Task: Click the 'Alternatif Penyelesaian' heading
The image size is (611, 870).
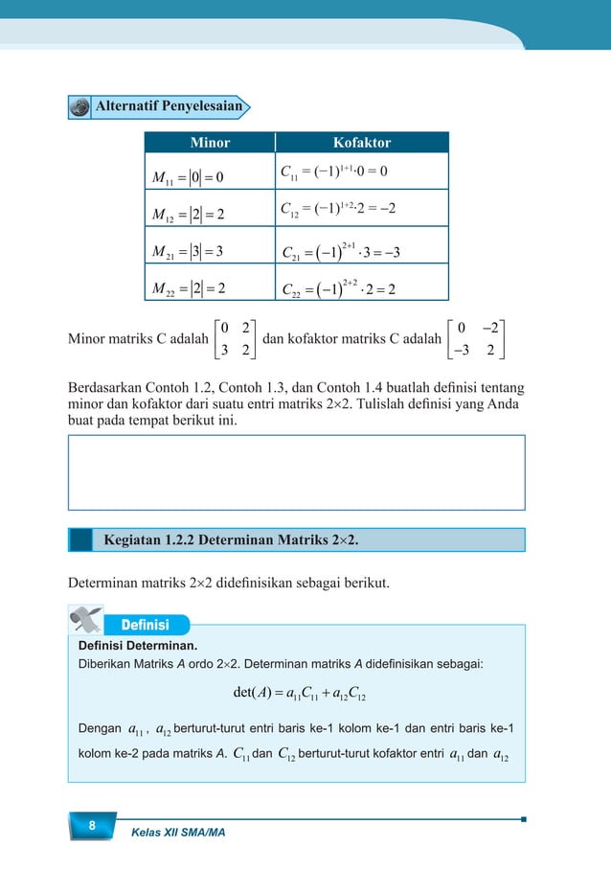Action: pyautogui.click(x=167, y=105)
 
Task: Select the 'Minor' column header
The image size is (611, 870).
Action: pyautogui.click(x=210, y=143)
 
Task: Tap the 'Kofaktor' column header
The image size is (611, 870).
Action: pyautogui.click(x=361, y=143)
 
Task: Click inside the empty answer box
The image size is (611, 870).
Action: pyautogui.click(x=296, y=472)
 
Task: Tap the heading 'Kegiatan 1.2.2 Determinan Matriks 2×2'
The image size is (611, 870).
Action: pyautogui.click(x=231, y=539)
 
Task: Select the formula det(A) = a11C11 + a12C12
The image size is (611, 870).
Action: pyautogui.click(x=296, y=692)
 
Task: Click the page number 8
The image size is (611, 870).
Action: pyautogui.click(x=91, y=827)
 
